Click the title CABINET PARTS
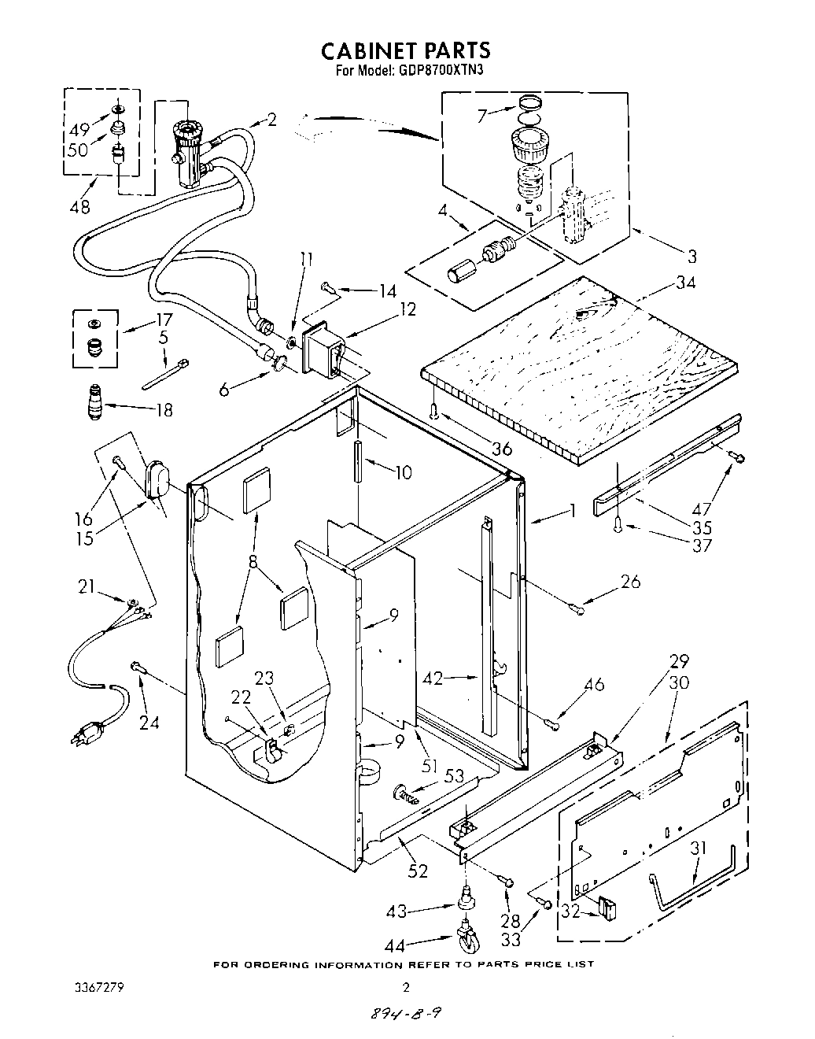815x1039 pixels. tap(406, 50)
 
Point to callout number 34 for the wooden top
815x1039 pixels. tap(685, 282)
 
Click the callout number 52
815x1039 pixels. tap(418, 871)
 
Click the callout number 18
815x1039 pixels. tap(164, 410)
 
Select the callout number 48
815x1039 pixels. tap(79, 207)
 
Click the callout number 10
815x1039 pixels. tap(402, 472)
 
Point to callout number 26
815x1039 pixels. tap(630, 582)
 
